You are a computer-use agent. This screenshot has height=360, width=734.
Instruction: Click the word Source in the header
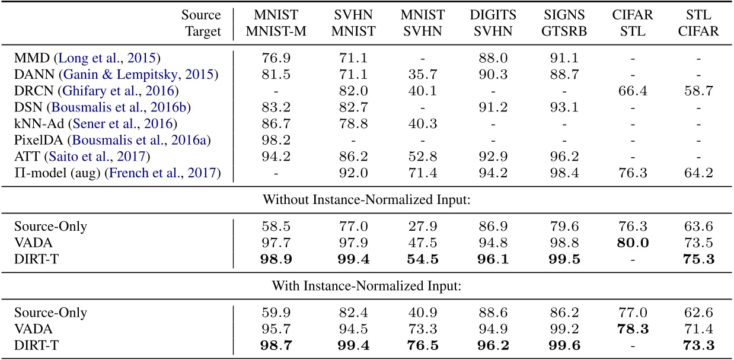pos(202,15)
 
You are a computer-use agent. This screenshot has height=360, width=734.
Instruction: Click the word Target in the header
pos(203,31)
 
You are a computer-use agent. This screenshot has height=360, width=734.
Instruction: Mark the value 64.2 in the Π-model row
pos(698,173)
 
